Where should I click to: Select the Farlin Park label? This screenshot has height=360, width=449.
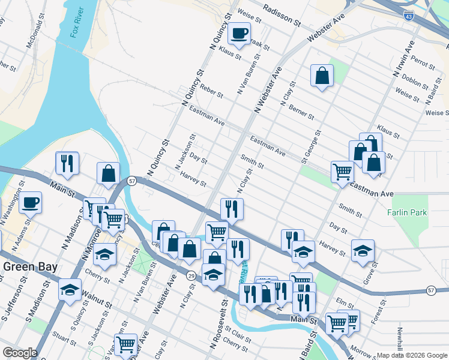(406, 212)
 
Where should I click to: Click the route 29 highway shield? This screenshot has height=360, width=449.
(191, 275)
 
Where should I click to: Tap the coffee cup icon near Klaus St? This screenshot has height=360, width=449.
(239, 34)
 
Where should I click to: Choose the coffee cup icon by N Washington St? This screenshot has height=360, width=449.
(31, 203)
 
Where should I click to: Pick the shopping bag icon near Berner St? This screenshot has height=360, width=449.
(322, 76)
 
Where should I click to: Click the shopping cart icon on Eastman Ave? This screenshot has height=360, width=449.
(342, 172)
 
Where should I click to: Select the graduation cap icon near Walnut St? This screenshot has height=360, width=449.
(70, 290)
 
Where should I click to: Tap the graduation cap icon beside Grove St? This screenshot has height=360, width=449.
(363, 251)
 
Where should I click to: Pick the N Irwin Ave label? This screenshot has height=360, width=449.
(403, 58)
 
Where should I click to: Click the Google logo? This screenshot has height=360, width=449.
(20, 353)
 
